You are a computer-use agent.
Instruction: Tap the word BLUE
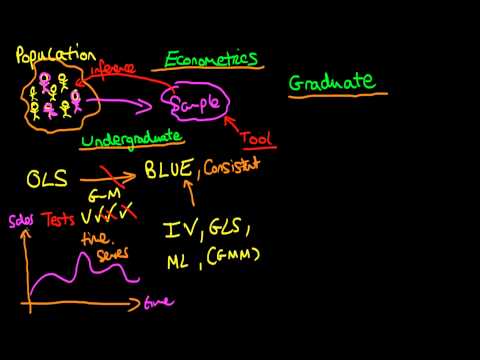169,171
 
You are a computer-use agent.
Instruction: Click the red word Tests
58,219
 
